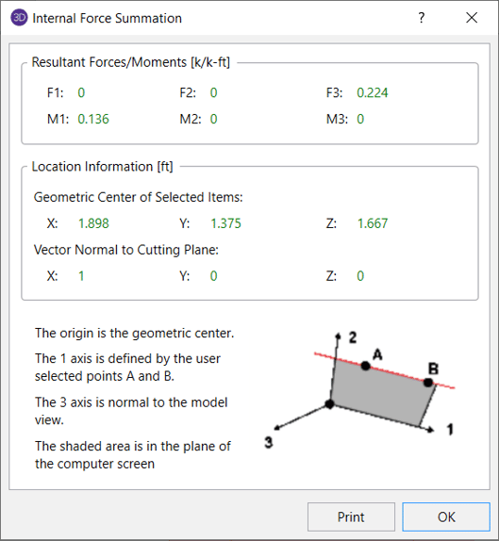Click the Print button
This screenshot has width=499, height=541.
351,516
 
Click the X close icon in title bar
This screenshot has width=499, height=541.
472,18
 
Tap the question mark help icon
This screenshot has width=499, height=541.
422,18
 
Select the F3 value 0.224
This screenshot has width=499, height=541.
373,92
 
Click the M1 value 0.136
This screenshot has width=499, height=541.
93,119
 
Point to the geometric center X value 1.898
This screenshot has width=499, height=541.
93,223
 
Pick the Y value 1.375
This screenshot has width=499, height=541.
225,223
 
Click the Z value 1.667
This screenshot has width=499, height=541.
373,223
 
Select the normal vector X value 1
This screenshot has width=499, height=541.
81,275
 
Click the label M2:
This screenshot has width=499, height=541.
191,119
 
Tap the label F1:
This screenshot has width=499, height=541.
56,92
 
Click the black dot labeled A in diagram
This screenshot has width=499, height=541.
365,366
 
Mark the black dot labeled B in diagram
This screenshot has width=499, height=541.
428,383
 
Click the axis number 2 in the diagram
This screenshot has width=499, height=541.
352,337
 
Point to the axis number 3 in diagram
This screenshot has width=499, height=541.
269,442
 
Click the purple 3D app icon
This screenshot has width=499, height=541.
19,18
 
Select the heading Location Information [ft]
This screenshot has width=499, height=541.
102,166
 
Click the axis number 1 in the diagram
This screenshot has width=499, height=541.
450,430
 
